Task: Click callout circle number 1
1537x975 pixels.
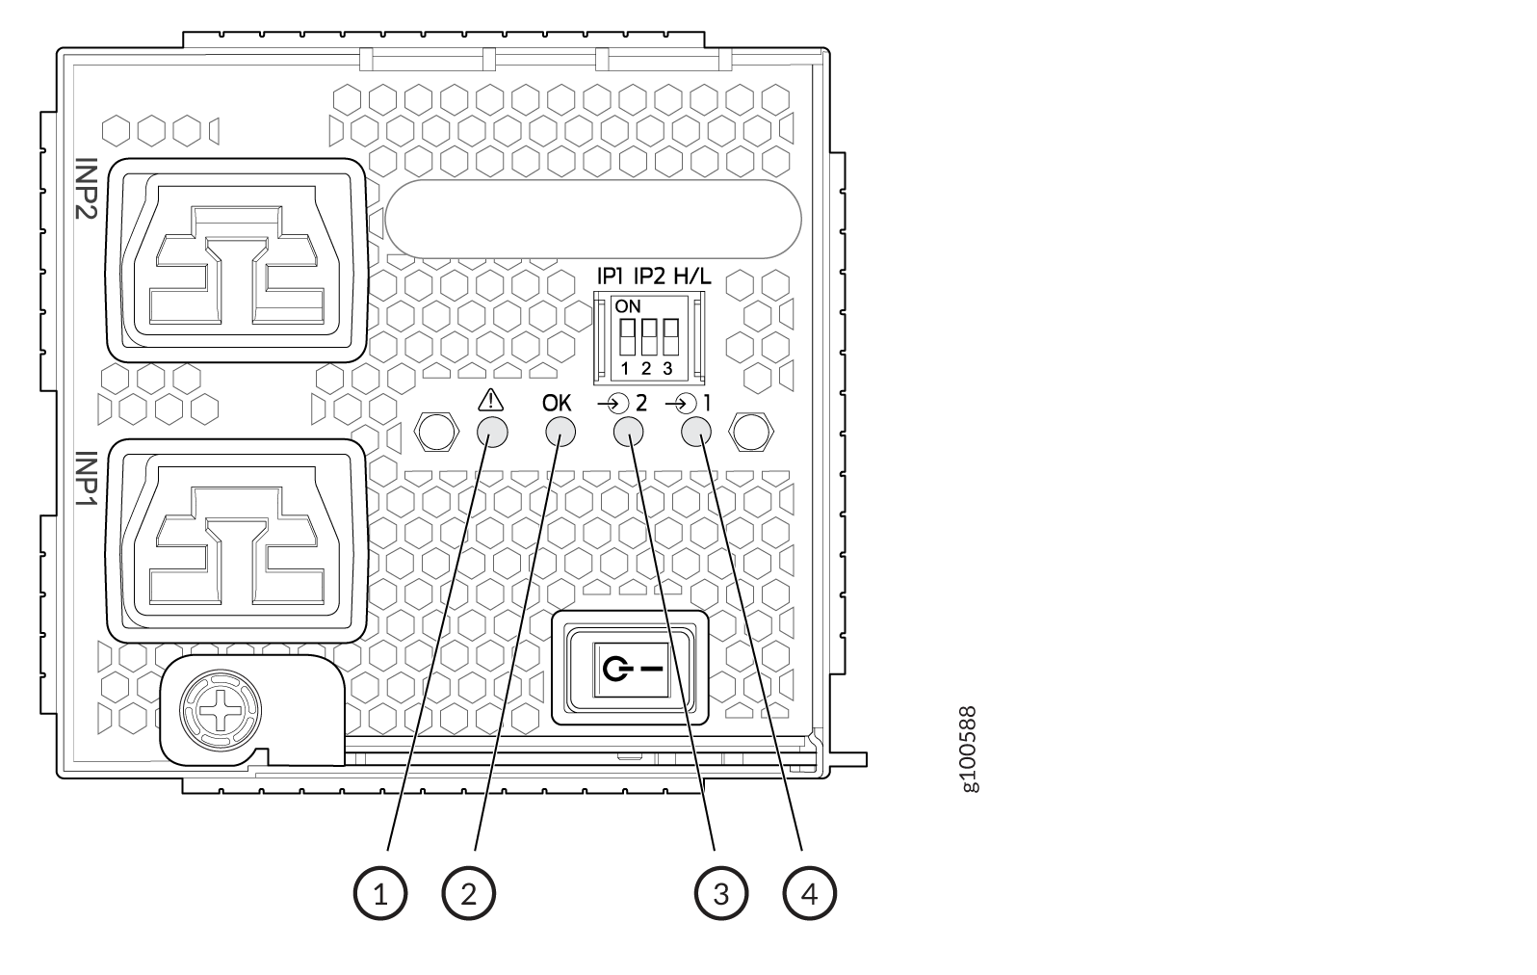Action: click(380, 893)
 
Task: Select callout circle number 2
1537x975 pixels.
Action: click(469, 893)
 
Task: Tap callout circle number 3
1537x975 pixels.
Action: click(721, 893)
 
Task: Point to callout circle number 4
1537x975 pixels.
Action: click(810, 893)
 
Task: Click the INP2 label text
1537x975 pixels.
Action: click(87, 188)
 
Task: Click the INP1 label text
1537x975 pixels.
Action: click(87, 478)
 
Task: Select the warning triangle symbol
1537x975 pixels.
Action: click(490, 400)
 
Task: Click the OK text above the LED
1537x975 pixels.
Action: click(557, 403)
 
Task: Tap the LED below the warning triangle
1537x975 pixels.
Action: click(493, 433)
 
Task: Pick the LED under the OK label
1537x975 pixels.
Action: click(560, 433)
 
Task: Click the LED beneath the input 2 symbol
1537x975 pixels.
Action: click(628, 433)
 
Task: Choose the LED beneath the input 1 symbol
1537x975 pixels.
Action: click(695, 433)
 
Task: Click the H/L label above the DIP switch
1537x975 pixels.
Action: click(692, 277)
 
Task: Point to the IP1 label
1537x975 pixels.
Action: click(610, 277)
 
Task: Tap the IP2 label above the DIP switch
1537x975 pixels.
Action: click(649, 277)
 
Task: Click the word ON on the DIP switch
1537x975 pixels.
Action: click(628, 306)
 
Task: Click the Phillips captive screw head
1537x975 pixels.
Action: click(221, 711)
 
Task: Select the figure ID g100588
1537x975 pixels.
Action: click(970, 750)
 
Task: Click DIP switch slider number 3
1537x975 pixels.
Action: click(670, 336)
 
